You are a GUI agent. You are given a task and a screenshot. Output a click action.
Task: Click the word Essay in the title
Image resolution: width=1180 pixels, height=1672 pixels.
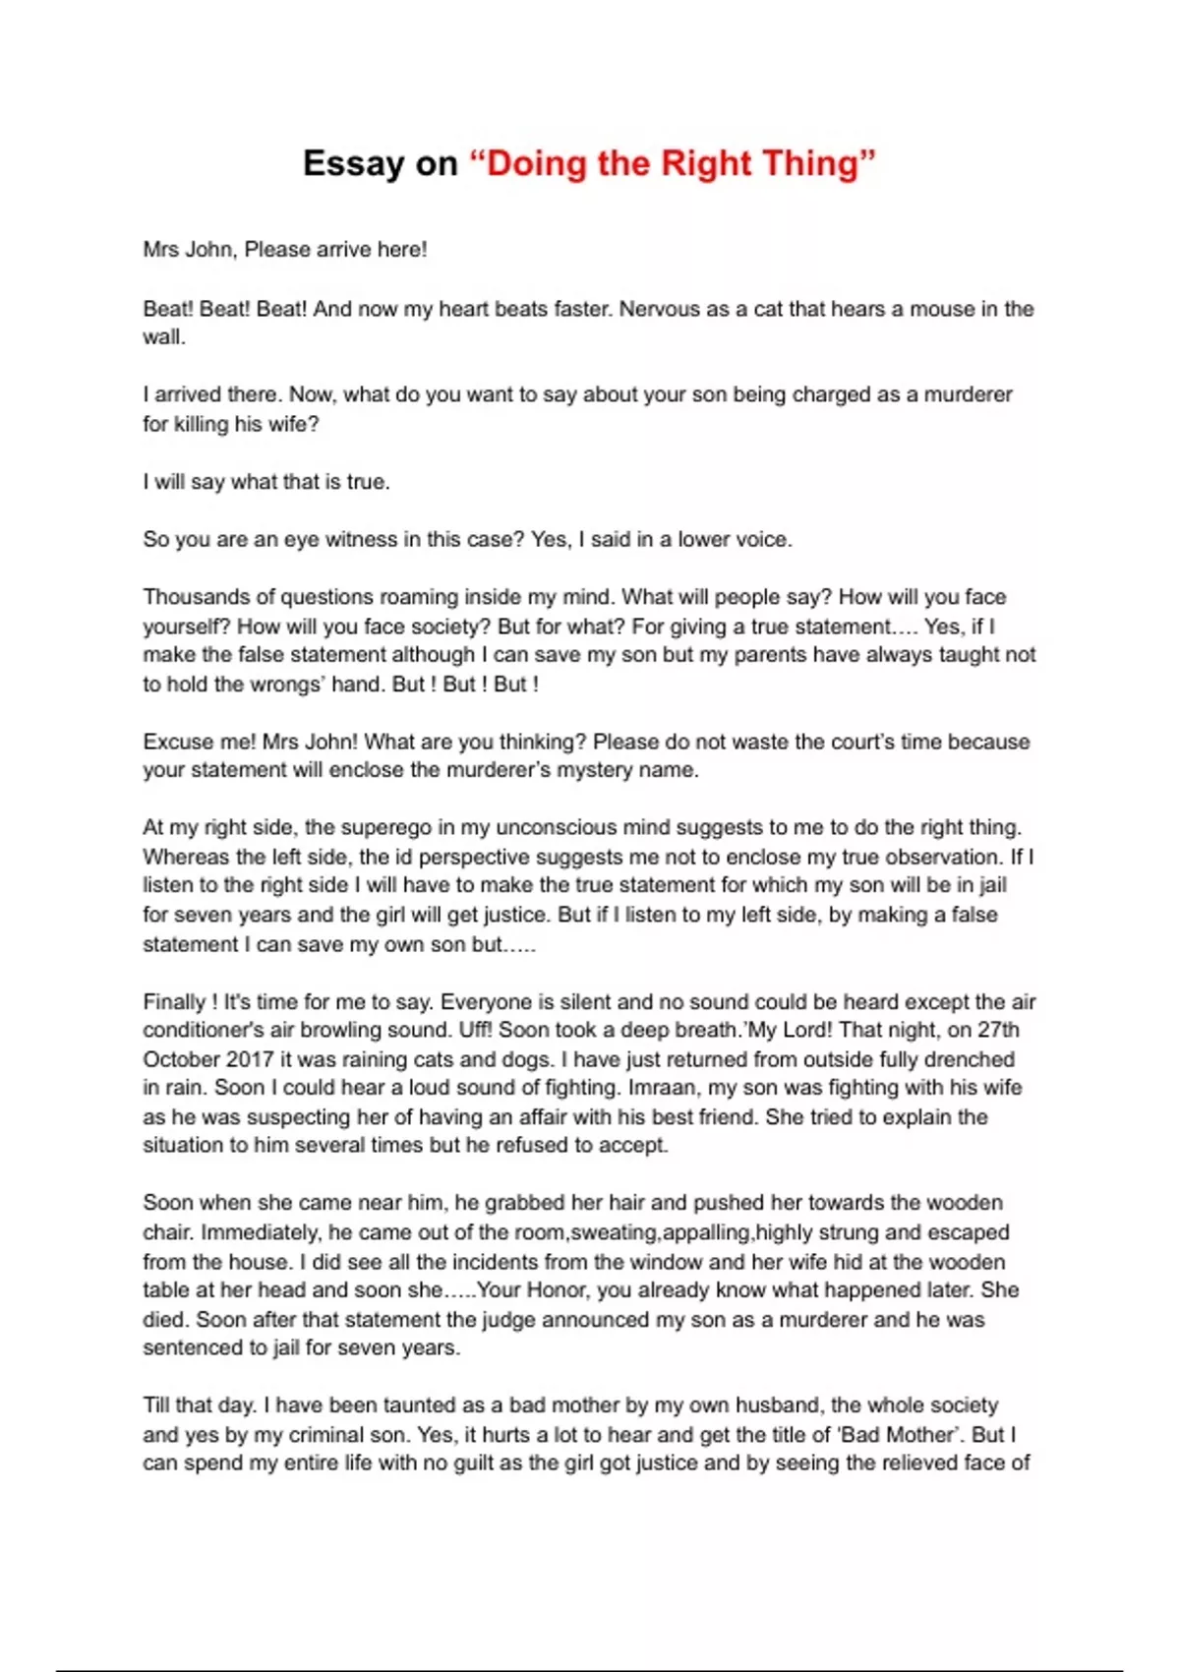pos(352,163)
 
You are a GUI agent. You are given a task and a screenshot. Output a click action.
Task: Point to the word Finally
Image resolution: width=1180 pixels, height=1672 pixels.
pos(175,1002)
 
